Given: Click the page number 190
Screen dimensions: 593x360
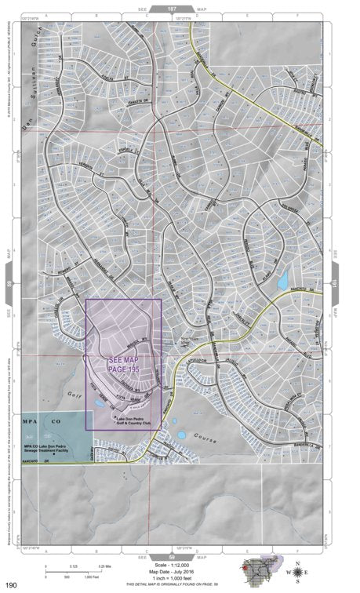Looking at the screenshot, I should pos(11,585).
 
